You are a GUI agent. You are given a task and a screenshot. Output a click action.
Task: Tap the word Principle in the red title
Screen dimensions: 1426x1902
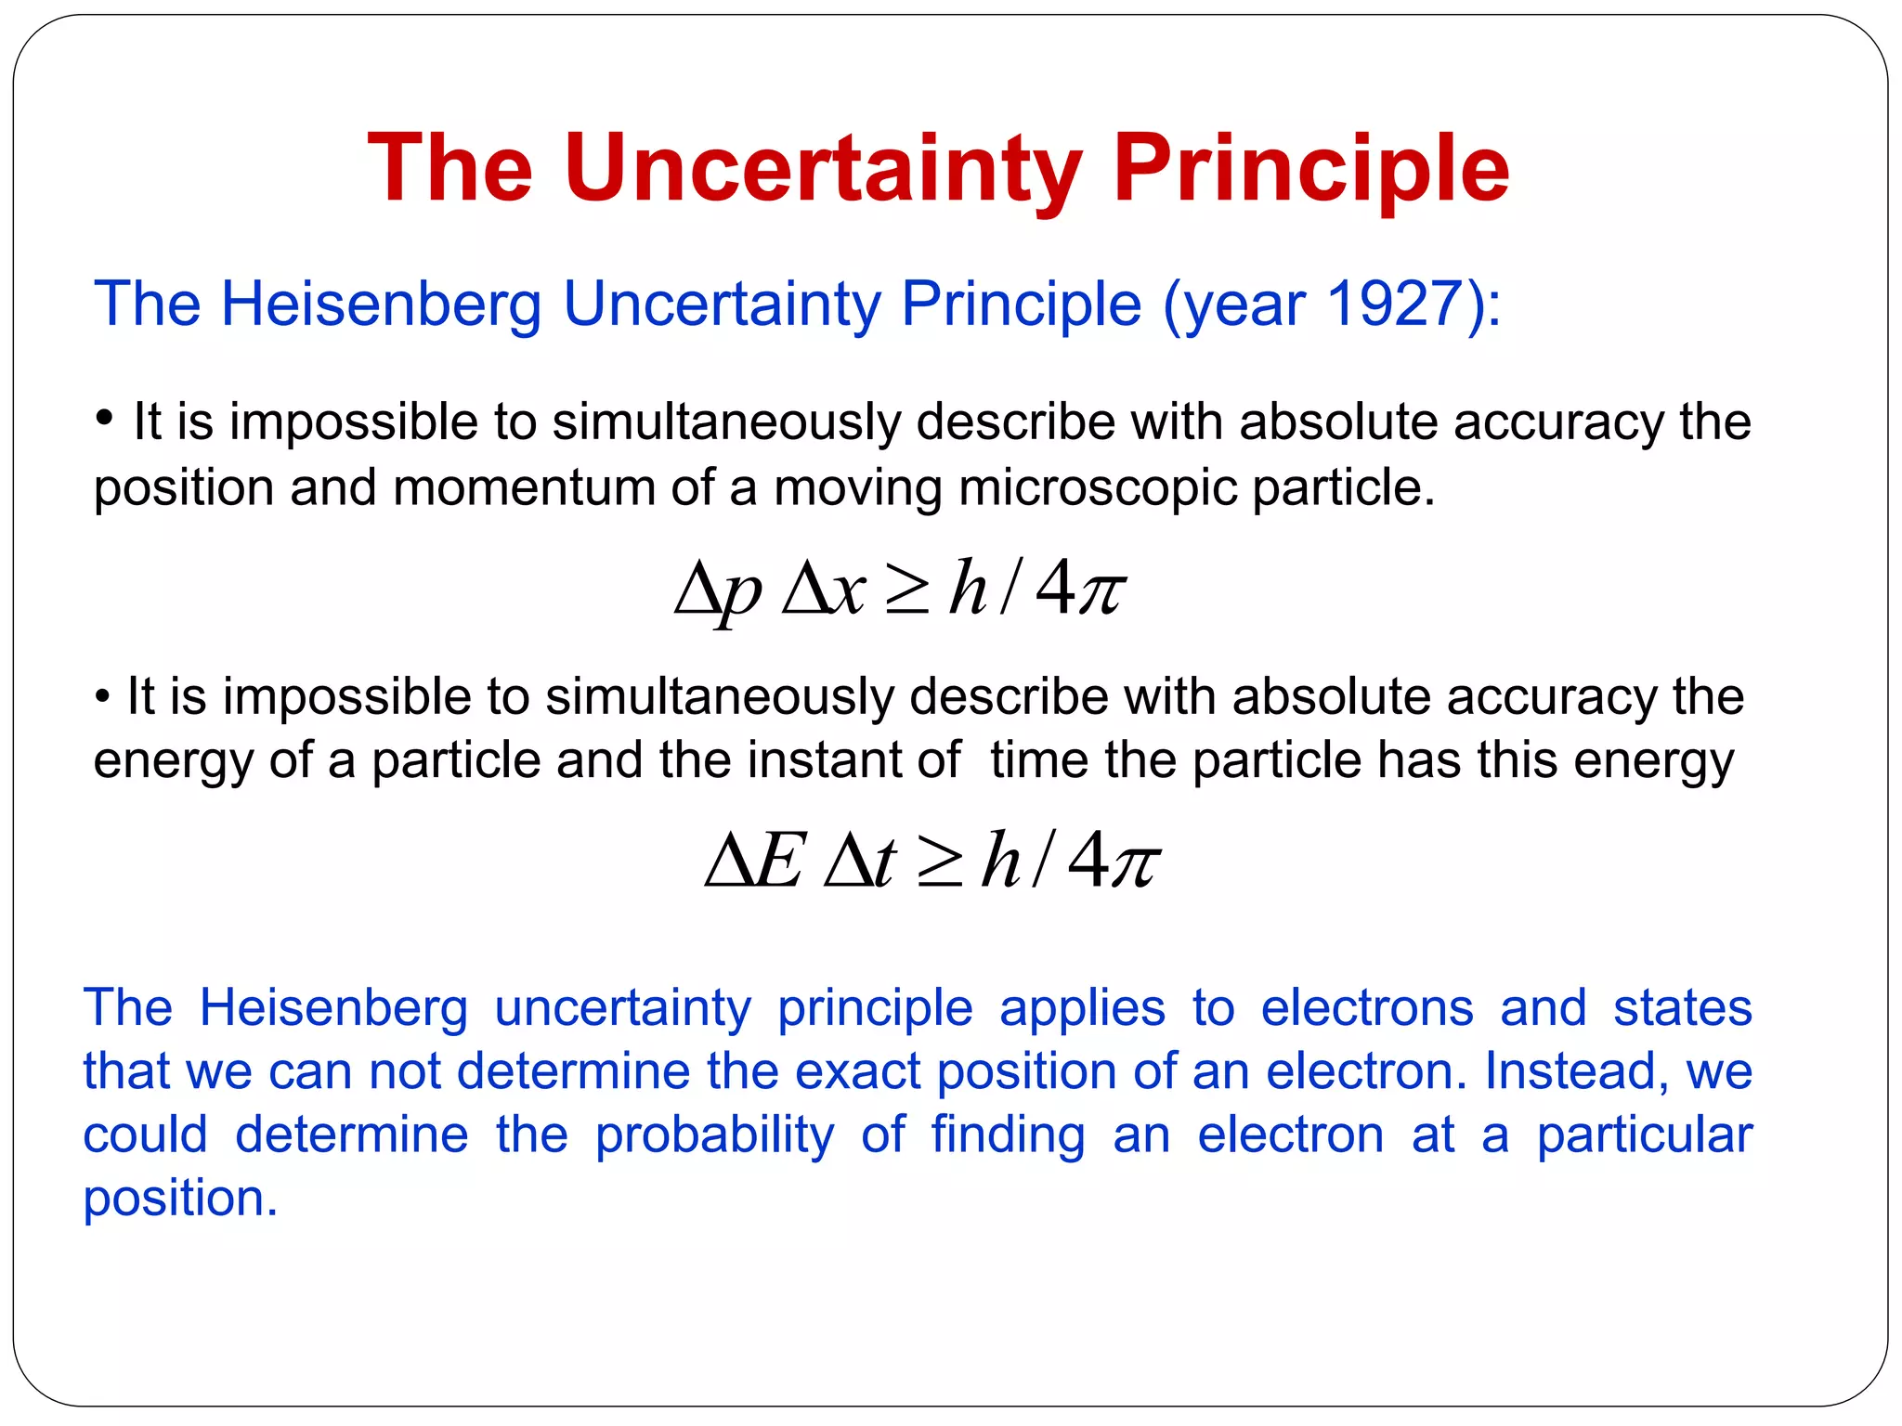click(x=1310, y=170)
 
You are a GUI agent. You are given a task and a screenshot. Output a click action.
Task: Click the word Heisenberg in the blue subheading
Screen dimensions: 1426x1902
click(x=381, y=305)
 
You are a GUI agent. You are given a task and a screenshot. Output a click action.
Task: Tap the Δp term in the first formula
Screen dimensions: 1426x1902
click(x=718, y=590)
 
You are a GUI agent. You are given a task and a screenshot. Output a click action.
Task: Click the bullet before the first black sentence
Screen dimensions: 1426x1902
click(x=105, y=419)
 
